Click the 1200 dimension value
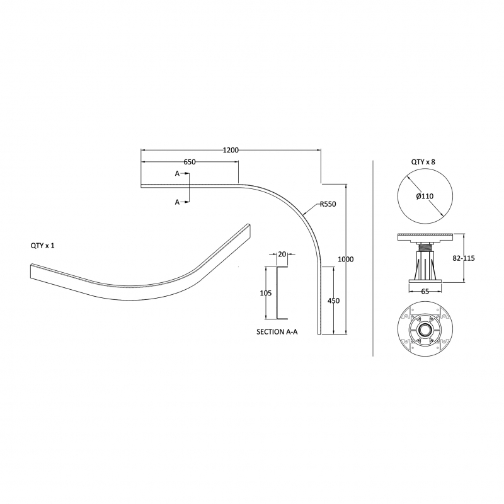point(231,150)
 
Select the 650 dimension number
point(190,162)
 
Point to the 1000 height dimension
point(346,260)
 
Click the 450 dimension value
point(334,301)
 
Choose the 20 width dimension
point(282,255)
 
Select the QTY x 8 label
point(423,163)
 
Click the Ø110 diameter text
point(425,196)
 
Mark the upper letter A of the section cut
point(178,173)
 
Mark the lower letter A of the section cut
point(178,202)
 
